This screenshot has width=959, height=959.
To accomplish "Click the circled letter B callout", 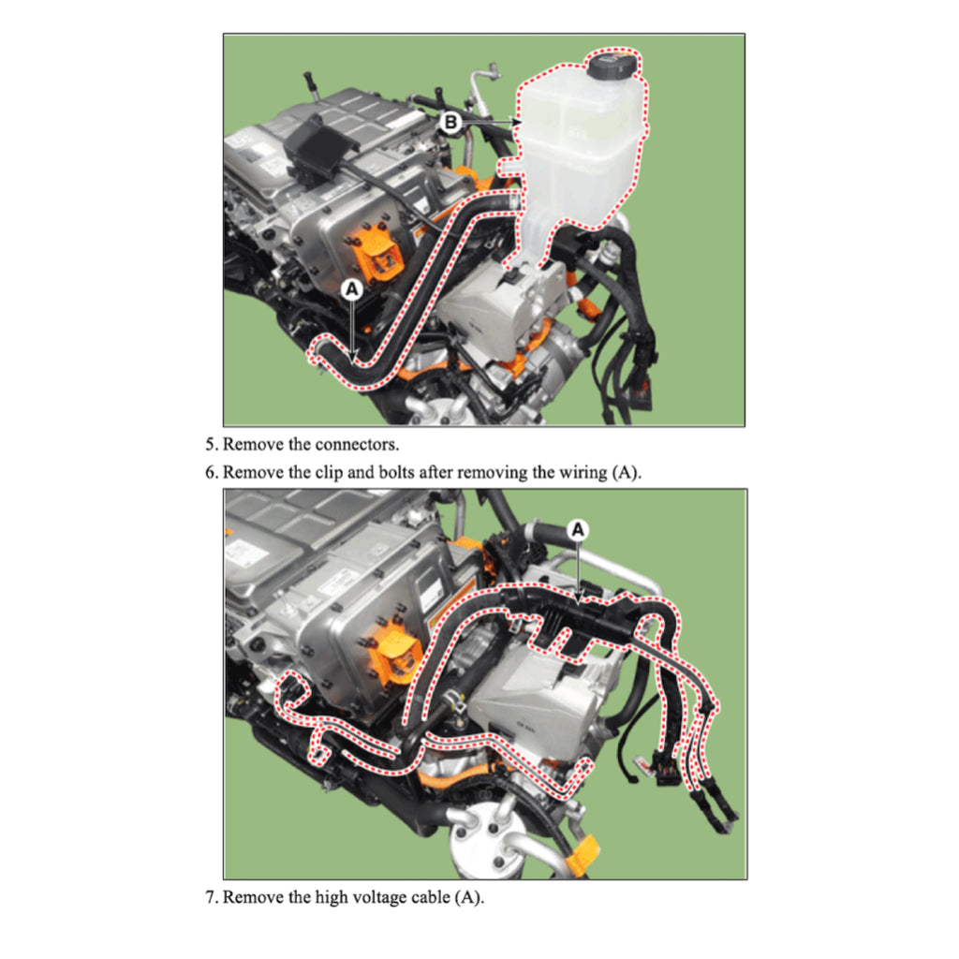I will [450, 122].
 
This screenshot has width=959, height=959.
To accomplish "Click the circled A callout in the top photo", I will [352, 290].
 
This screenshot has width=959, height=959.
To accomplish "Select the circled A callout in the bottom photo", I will [579, 529].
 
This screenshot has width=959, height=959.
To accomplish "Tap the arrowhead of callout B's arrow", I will [516, 122].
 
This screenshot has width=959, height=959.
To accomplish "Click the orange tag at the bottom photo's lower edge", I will [583, 855].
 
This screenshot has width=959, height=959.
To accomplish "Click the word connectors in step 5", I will [372, 444].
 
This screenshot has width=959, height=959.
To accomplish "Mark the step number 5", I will [211, 444].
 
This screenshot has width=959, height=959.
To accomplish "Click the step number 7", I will [211, 898].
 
